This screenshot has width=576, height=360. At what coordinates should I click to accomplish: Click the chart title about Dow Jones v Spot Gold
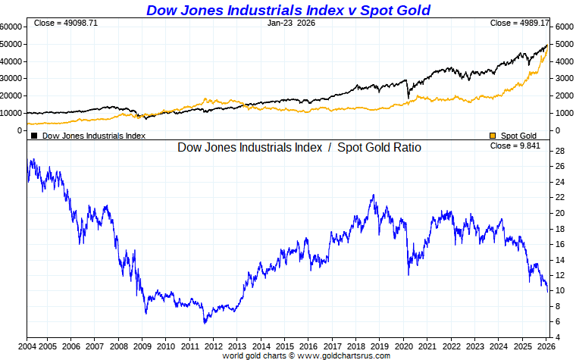[x=288, y=10]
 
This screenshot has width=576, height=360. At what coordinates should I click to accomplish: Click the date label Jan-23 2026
[x=292, y=23]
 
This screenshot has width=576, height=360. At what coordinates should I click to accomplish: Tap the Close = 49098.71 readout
[x=66, y=23]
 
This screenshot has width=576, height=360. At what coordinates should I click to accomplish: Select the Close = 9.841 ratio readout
[x=515, y=146]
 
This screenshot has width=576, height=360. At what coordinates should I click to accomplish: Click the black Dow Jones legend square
[x=34, y=136]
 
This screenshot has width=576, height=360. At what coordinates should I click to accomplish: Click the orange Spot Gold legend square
[x=493, y=136]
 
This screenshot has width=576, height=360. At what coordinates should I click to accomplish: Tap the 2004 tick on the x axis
[x=27, y=346]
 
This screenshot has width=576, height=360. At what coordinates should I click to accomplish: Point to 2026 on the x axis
[x=544, y=346]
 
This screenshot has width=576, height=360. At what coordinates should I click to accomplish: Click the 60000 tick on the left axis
[x=12, y=26]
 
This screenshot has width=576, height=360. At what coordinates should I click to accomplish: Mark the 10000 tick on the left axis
[x=12, y=113]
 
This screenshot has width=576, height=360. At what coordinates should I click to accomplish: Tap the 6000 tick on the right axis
[x=563, y=26]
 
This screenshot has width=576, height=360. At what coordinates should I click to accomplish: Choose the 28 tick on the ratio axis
[x=560, y=151]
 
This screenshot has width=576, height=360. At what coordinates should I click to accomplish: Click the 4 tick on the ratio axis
[x=558, y=337]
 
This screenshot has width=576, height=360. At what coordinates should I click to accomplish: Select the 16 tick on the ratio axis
[x=560, y=244]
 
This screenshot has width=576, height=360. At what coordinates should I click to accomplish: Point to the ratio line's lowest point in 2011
[x=205, y=323]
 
